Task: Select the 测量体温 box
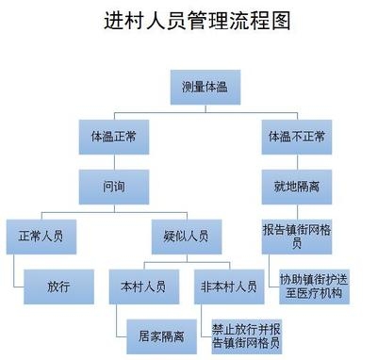tap(205, 88)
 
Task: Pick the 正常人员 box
tap(40, 234)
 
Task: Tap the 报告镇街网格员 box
tap(294, 235)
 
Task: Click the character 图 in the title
tap(281, 22)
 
